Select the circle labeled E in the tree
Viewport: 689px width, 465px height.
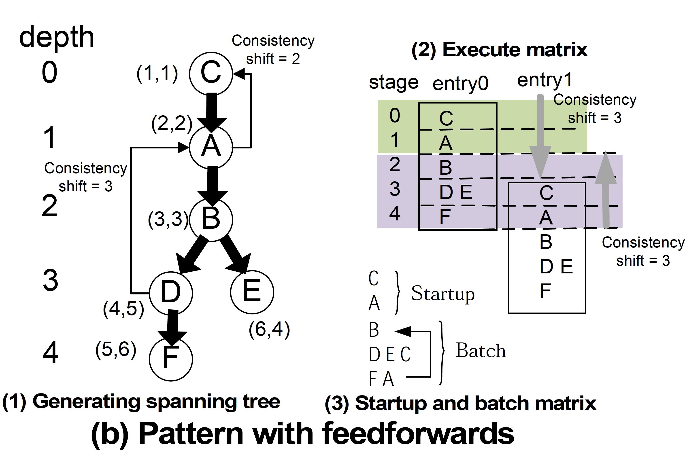pyautogui.click(x=252, y=292)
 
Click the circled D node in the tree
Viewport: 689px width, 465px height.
pyautogui.click(x=171, y=293)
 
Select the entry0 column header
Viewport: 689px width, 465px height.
pyautogui.click(x=460, y=84)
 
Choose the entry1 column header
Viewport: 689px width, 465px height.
pyautogui.click(x=544, y=80)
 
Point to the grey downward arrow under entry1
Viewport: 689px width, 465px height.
pyautogui.click(x=540, y=136)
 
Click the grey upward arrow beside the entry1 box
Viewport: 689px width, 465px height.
pyautogui.click(x=606, y=190)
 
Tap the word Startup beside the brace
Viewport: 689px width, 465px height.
pyautogui.click(x=443, y=293)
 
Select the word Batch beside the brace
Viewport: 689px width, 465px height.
pyautogui.click(x=480, y=351)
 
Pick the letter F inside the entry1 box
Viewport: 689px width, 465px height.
pyautogui.click(x=545, y=291)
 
